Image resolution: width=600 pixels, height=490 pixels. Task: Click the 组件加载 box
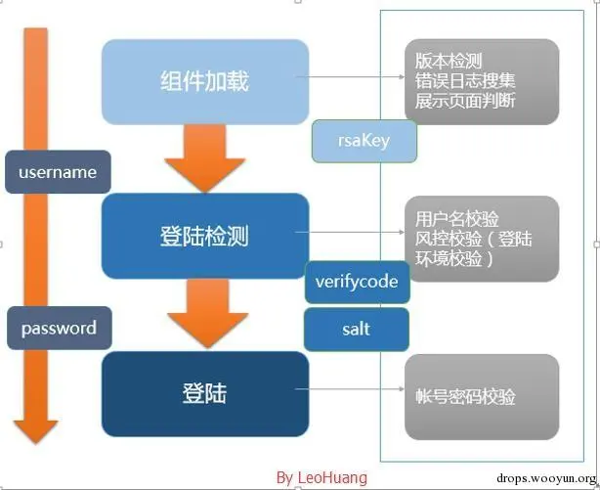[204, 81]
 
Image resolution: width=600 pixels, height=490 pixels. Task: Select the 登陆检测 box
[205, 236]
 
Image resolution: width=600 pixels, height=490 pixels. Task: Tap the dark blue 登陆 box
[204, 393]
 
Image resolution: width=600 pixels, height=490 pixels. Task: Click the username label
[58, 172]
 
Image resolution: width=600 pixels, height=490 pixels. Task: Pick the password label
[59, 329]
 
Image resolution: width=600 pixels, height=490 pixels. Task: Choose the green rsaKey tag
[364, 140]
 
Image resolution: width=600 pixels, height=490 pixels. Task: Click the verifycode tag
[357, 282]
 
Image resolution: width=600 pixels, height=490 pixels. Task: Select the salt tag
[357, 330]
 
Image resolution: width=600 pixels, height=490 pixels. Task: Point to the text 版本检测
[449, 61]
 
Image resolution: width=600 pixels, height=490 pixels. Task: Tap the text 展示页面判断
[464, 100]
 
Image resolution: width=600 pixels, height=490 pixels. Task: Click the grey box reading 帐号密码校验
[482, 396]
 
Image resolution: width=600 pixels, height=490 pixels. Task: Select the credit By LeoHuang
[321, 477]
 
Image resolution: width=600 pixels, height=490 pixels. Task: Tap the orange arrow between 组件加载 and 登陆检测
[203, 161]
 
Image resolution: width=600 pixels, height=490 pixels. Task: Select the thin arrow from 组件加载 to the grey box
[355, 82]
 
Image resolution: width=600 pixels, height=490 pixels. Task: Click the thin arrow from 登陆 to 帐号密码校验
[355, 395]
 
